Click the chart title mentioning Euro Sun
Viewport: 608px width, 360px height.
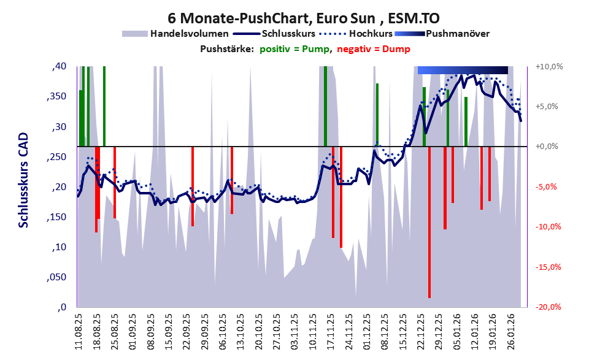click(x=303, y=18)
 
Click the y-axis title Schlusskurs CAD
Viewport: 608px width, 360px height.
click(x=23, y=180)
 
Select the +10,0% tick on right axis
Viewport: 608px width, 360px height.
click(x=550, y=66)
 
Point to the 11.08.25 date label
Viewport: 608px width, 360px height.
click(x=79, y=332)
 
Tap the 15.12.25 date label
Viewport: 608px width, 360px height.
click(x=403, y=332)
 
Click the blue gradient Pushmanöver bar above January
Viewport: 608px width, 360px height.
click(x=463, y=70)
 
